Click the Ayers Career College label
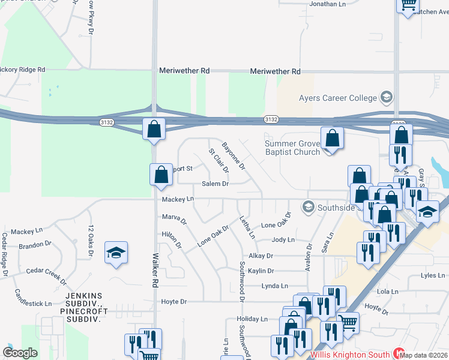tap(338, 98)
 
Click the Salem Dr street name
tap(215, 184)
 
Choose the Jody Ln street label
tap(283, 239)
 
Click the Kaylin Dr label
tap(261, 271)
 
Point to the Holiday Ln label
tap(252, 319)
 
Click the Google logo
tap(20, 353)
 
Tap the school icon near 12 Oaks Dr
tap(116, 252)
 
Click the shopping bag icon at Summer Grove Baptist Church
tap(332, 139)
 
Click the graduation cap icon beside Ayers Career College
tap(387, 97)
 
